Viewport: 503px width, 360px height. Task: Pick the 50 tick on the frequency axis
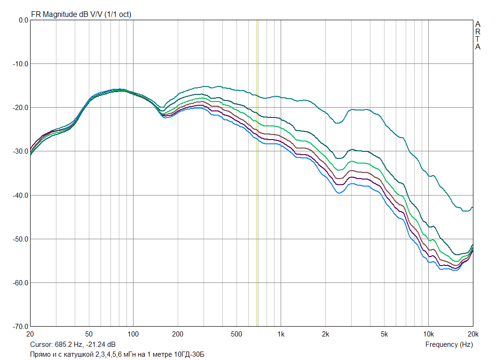[x=89, y=335]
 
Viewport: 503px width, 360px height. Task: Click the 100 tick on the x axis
[x=133, y=335]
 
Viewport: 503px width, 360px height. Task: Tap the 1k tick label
[x=281, y=335]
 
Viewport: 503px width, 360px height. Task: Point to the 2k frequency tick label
[x=325, y=335]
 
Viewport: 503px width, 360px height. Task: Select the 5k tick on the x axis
[x=384, y=335]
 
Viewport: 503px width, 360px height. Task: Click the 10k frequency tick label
[x=428, y=335]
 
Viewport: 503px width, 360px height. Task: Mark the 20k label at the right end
[x=472, y=335]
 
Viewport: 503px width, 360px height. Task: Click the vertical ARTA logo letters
[x=478, y=35]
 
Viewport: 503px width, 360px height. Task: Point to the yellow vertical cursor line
[x=257, y=188]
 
